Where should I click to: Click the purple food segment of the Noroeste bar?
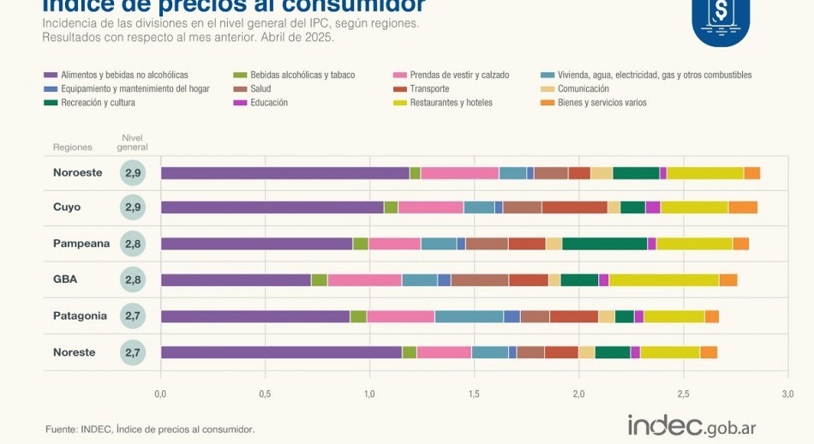click(285, 173)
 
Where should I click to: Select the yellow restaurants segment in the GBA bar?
click(664, 279)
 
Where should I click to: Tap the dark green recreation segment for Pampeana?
click(604, 243)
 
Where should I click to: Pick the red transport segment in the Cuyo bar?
click(574, 207)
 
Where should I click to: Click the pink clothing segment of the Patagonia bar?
click(401, 316)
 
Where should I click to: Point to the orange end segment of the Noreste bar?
click(709, 352)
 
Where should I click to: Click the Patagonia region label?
click(80, 315)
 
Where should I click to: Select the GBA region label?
click(65, 279)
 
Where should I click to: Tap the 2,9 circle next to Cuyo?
click(133, 207)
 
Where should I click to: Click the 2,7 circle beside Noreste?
click(133, 352)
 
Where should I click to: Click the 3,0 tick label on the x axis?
click(787, 394)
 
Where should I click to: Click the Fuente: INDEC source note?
click(149, 429)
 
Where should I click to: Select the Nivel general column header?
click(132, 142)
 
